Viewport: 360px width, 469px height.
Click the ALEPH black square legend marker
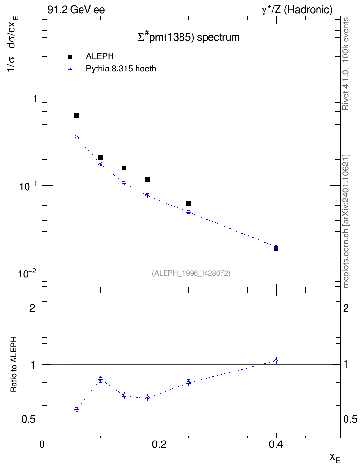[70, 57]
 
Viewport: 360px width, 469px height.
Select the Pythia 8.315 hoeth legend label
[121, 69]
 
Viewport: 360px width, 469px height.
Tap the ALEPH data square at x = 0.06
[77, 116]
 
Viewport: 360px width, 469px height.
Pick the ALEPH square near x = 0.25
[188, 203]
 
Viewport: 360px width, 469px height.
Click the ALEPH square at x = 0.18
[147, 179]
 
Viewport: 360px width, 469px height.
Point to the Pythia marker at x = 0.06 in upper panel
[77, 137]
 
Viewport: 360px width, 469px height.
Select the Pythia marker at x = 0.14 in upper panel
[124, 183]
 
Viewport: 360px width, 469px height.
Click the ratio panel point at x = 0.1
[100, 379]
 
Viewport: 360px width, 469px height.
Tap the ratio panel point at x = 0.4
[276, 361]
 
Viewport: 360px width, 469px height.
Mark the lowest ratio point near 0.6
[77, 409]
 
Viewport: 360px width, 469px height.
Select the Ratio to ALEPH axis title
[14, 364]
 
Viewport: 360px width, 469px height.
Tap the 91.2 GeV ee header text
[76, 10]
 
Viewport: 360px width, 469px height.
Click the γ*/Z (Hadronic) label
[297, 10]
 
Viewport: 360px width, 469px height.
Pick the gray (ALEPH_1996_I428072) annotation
[191, 273]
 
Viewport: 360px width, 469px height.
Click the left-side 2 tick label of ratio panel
[33, 308]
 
